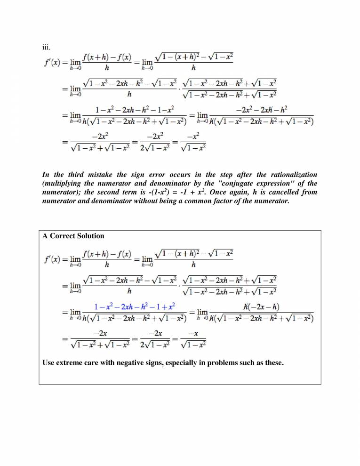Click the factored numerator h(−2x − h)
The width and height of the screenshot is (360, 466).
(x=262, y=307)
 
